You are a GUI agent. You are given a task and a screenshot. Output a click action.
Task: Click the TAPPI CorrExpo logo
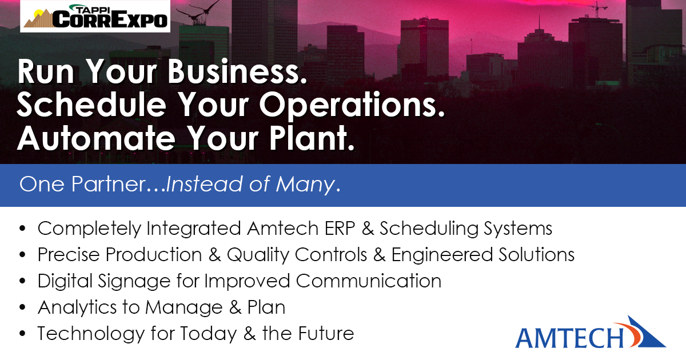click(x=95, y=16)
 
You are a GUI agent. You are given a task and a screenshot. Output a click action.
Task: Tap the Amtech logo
click(x=591, y=333)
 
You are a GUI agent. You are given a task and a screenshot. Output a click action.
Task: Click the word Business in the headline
click(x=237, y=71)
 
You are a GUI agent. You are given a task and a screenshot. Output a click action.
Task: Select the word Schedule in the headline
click(x=91, y=105)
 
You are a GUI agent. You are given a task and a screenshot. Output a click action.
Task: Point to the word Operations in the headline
click(x=352, y=106)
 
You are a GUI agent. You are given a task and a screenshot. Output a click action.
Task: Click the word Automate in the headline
click(x=97, y=138)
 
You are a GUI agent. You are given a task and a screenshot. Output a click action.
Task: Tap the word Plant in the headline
click(x=312, y=138)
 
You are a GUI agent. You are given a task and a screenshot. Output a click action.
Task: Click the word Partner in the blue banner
click(x=109, y=184)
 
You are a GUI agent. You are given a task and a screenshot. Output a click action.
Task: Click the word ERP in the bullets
click(x=340, y=229)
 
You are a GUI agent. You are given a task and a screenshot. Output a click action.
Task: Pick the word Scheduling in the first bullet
click(x=429, y=229)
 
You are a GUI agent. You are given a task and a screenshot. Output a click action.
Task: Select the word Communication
click(x=369, y=281)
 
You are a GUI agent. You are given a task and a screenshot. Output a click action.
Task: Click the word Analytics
click(x=77, y=307)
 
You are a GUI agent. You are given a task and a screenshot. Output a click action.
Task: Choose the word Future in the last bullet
click(x=326, y=334)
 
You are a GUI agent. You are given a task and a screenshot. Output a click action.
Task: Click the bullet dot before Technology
click(x=22, y=334)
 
